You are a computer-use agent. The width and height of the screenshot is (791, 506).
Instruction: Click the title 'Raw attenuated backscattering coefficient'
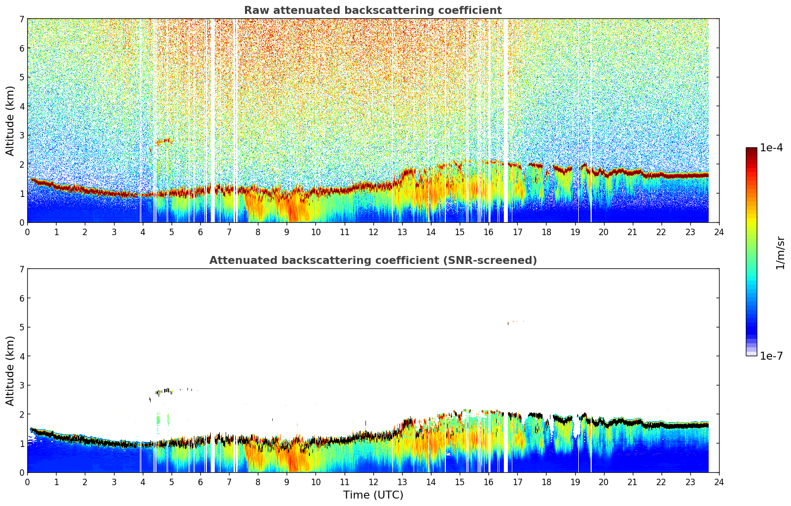pos(373,10)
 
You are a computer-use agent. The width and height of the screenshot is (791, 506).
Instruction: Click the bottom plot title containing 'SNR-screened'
pos(373,260)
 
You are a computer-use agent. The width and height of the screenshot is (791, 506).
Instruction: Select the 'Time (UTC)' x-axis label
pos(373,495)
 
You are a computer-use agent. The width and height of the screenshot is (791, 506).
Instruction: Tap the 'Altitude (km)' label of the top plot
pos(10,121)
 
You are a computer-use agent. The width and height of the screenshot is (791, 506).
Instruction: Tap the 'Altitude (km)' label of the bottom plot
pos(10,371)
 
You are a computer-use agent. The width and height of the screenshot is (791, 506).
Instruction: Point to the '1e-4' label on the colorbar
pos(771,148)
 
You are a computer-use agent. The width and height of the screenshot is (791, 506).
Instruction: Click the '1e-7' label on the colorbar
pos(771,356)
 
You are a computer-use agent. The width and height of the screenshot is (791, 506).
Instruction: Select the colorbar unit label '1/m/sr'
pos(780,253)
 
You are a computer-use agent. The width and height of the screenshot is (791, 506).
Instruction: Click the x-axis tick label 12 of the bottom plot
pos(373,482)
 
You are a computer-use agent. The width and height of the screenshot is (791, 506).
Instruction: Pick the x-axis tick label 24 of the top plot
pos(719,232)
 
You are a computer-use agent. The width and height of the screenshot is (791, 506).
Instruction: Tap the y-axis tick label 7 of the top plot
pos(21,19)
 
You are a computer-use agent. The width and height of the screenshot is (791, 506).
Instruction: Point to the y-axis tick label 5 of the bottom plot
pos(21,327)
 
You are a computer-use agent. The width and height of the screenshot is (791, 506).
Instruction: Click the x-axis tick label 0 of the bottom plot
pos(27,482)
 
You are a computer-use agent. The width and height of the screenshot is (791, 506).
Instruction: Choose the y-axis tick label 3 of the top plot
pos(21,135)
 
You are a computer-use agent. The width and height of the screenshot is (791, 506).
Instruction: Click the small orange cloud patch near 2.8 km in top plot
pos(164,142)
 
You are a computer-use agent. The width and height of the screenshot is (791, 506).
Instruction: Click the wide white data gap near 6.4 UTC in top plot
pos(213,119)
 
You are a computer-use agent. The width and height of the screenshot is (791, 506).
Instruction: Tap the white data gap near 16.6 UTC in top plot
pos(506,119)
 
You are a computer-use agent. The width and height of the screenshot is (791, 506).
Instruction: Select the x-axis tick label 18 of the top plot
pos(546,232)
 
